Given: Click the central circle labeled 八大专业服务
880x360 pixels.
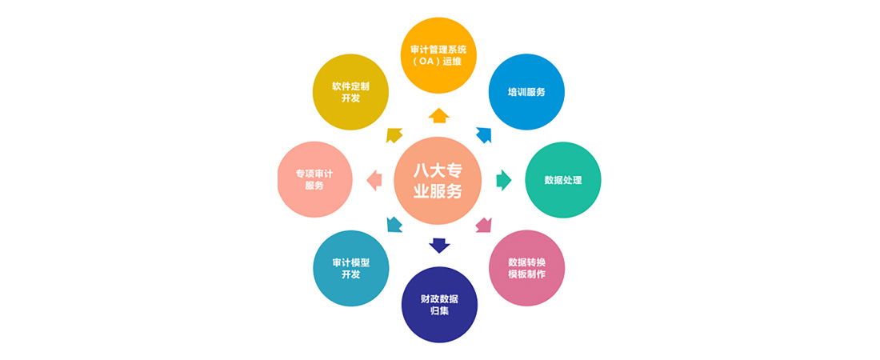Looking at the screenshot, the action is coord(439,180).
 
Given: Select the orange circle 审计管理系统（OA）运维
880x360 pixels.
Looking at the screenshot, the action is coord(439,55).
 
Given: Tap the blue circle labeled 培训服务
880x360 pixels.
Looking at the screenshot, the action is coord(526,92).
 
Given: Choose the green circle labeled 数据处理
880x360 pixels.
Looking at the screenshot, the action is coord(563,180).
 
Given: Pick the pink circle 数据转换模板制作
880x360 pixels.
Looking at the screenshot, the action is coord(526,268).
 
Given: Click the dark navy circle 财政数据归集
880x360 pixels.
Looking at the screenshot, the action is coord(439,304).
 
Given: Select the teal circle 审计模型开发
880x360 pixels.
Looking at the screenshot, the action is coord(350,268).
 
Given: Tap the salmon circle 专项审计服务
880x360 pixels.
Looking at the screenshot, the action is coord(315,179).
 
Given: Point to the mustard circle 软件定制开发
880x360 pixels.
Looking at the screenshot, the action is coord(350,92).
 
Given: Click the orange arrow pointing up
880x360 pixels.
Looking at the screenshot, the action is coord(439,116).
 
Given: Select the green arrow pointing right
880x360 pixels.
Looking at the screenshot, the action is coord(504,180).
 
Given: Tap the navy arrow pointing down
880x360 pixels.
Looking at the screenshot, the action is coord(439,246).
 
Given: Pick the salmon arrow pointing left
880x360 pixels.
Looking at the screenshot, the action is coord(374,180).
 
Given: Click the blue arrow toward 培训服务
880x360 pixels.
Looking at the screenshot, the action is coord(484,134).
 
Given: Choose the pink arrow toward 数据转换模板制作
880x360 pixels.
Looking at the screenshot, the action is coord(483,225).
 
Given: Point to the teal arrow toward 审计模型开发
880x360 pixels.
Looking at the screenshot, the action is coord(394,224).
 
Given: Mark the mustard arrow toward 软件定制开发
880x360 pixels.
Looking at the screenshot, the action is coord(394,134).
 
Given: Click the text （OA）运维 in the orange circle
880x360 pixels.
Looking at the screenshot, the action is coord(439,62).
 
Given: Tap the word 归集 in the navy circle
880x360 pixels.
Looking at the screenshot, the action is coord(439,310).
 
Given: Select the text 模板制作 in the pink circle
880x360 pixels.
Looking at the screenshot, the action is coord(526,274).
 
